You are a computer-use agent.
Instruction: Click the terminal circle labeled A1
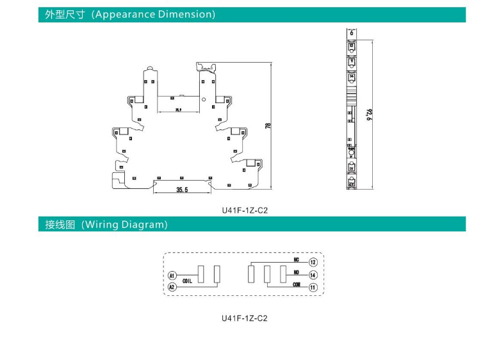click(x=172, y=275)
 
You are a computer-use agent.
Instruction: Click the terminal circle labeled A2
click(x=172, y=288)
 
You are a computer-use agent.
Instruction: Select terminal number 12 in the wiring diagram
click(x=313, y=263)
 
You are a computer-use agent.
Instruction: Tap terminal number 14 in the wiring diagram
click(x=313, y=275)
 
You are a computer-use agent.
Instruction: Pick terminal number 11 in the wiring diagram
click(x=313, y=288)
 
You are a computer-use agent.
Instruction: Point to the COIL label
click(x=188, y=281)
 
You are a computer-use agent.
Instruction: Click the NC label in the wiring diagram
click(x=296, y=260)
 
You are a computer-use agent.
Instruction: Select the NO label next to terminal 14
click(x=296, y=272)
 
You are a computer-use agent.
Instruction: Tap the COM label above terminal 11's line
click(x=296, y=284)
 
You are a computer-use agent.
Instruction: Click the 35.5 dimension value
click(x=181, y=190)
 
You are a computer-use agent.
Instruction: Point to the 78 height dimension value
click(x=268, y=126)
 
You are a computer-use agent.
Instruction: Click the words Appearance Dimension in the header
click(x=154, y=14)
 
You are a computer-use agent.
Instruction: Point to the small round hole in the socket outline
click(x=204, y=100)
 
